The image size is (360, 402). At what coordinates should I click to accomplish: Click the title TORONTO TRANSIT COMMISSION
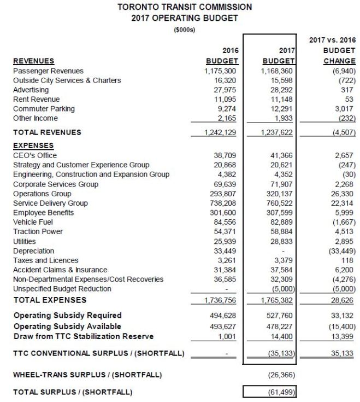pos(185,7)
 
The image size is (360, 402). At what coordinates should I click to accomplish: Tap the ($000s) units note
pos(184,30)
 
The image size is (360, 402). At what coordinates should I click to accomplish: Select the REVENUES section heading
pos(33,61)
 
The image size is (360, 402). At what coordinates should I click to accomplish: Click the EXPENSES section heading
pos(33,145)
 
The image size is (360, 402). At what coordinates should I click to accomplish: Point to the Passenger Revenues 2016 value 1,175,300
pos(221,71)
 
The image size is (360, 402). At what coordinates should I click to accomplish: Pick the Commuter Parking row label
pos(44,109)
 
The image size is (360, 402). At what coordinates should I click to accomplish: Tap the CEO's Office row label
pos(36,155)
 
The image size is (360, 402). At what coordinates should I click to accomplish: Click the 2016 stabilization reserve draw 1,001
pos(228,336)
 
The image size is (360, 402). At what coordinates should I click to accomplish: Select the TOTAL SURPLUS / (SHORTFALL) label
pos(73,392)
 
